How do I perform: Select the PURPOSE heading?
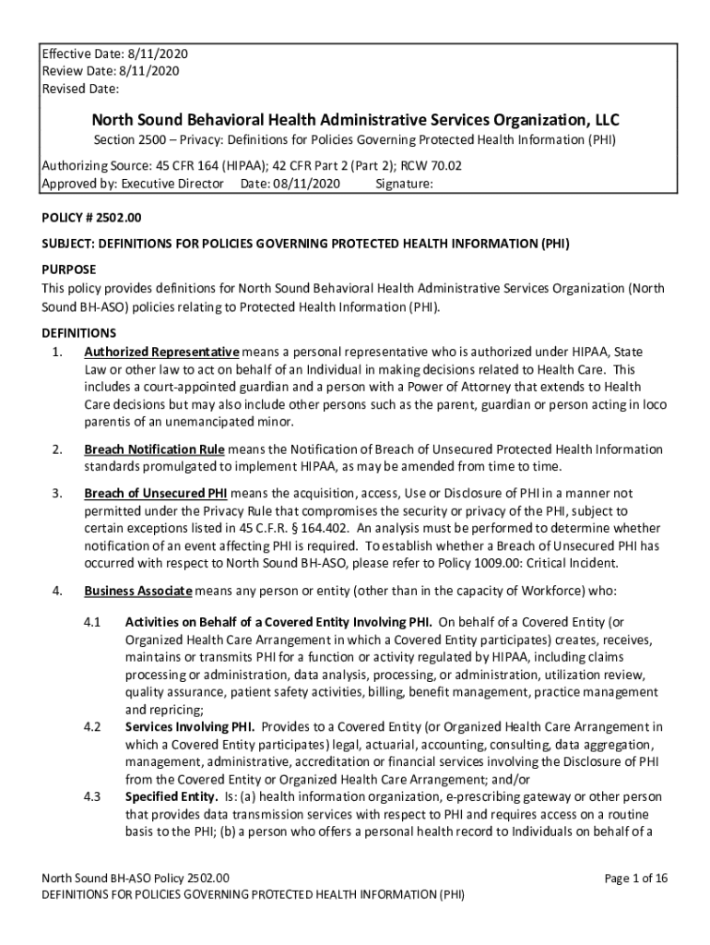pyautogui.click(x=69, y=269)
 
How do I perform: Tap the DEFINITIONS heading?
pyautogui.click(x=79, y=332)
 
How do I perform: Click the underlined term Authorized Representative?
pyautogui.click(x=161, y=353)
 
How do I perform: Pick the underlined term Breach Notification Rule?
pyautogui.click(x=154, y=449)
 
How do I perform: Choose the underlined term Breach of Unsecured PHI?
pyautogui.click(x=156, y=493)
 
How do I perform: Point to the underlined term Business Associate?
pyautogui.click(x=138, y=591)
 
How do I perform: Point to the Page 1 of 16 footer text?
pyautogui.click(x=636, y=878)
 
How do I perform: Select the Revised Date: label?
pyautogui.click(x=80, y=89)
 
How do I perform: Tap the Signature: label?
pyautogui.click(x=405, y=184)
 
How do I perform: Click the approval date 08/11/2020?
pyautogui.click(x=306, y=184)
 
